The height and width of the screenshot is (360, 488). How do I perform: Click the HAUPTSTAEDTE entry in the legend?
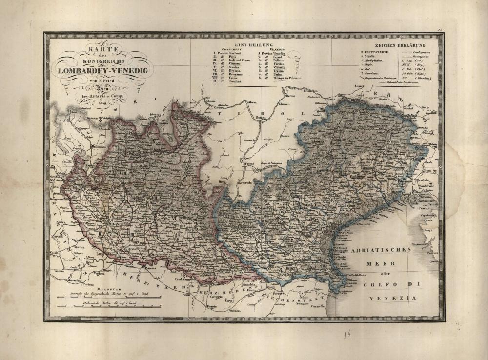coord(378,51)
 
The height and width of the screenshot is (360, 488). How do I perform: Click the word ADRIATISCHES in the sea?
coord(381,249)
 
